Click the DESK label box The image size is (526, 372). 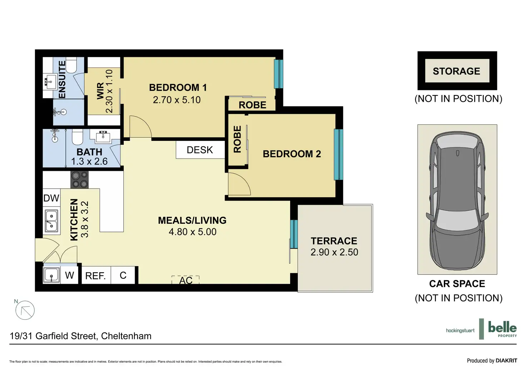[x=200, y=150]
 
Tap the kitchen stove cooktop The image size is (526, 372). [x=80, y=180]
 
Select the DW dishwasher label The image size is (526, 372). [x=51, y=198]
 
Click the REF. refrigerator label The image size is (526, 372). [x=95, y=276]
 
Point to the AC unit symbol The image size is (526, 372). [x=185, y=280]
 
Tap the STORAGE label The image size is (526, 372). [x=456, y=71]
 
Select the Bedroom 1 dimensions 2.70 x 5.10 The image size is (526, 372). [x=177, y=100]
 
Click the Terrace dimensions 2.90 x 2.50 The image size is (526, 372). [x=334, y=252]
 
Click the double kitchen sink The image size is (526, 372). [x=51, y=220]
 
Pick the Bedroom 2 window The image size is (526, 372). [x=338, y=154]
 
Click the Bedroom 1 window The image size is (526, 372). [x=278, y=74]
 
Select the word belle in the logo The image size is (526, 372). [x=502, y=327]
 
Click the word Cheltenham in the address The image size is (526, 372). [x=126, y=336]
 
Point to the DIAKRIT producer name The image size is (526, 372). [x=506, y=361]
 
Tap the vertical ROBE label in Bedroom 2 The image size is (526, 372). [x=237, y=139]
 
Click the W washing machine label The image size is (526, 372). [x=70, y=275]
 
